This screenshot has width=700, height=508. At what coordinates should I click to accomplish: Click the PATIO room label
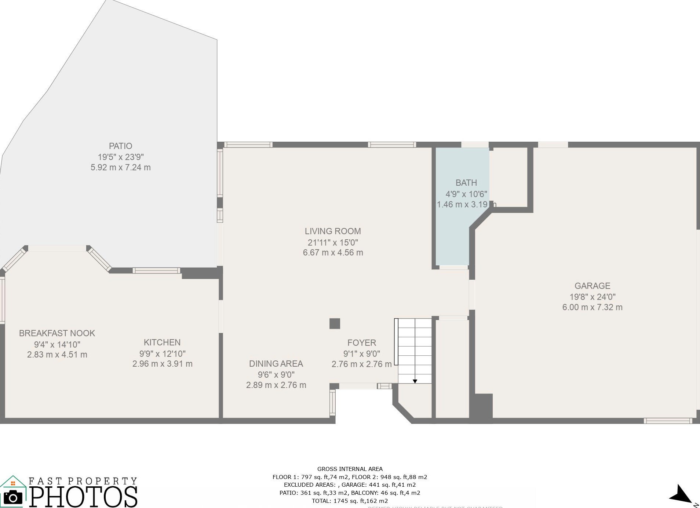pos(120,146)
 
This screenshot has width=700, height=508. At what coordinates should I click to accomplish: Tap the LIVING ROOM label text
pos(333,231)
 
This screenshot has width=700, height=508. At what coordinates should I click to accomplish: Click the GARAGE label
pos(592,286)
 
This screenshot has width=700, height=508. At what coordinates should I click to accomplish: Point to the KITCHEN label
pos(162,342)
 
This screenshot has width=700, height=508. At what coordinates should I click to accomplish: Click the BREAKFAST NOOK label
pos(57,333)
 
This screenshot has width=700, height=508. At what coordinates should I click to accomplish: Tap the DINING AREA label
pos(276,364)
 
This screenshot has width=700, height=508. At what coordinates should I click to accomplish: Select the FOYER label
pos(362,343)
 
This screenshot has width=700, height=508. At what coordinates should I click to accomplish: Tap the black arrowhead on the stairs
pos(415,381)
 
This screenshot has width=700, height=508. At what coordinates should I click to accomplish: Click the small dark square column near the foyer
pos(335,323)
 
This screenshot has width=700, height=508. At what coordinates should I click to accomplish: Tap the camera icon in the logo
pos(13,497)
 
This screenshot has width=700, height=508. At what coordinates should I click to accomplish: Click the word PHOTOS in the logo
pos(84,497)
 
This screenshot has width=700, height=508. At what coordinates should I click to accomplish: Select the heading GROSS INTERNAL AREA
pos(350,469)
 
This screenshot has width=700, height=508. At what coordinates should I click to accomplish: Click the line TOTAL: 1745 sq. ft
pos(350,501)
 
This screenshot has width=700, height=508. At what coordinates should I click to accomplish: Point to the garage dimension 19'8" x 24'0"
pos(592,297)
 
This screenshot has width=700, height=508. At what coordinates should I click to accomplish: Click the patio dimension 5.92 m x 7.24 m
pos(120,167)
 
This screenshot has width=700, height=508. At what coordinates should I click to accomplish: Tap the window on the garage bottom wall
pos(668,421)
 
